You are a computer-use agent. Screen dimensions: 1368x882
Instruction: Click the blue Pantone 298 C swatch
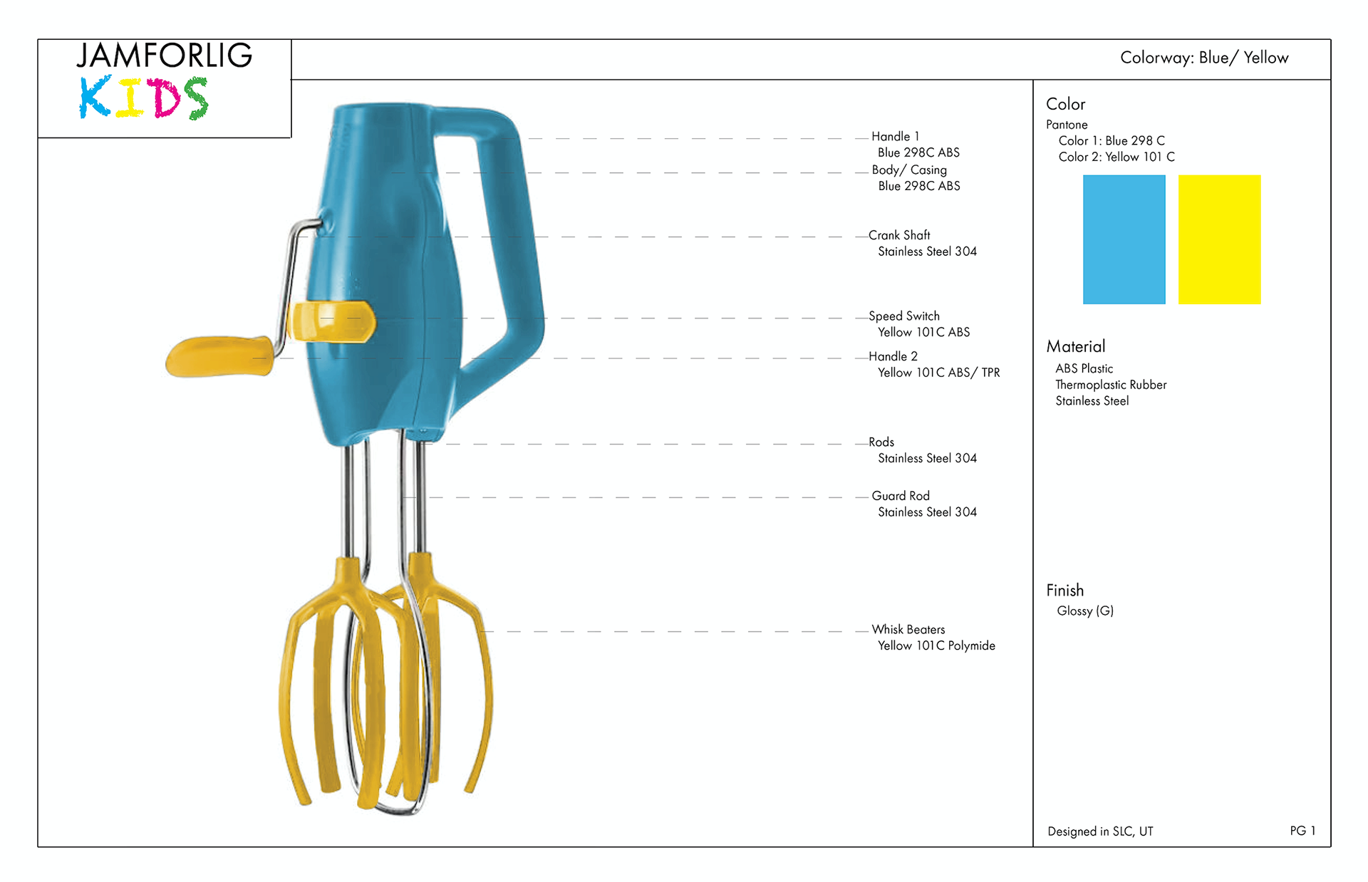click(1124, 239)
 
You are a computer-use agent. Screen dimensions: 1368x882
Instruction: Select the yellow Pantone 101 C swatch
click(1219, 239)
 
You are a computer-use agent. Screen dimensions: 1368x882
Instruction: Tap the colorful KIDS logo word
click(143, 98)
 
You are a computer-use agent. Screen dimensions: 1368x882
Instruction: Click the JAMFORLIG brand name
click(165, 56)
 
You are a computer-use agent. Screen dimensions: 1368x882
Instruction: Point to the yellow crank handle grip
click(219, 356)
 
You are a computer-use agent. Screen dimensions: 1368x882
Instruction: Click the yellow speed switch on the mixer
click(331, 321)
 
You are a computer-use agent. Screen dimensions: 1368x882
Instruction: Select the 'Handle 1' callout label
click(896, 136)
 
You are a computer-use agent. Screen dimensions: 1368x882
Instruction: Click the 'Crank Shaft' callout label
click(899, 235)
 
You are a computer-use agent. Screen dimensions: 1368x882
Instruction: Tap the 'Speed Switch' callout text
click(904, 316)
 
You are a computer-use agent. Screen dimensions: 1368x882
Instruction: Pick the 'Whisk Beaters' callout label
click(908, 629)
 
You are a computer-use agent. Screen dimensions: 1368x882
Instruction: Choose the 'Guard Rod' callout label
click(901, 496)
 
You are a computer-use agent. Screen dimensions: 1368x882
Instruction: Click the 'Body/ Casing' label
click(909, 170)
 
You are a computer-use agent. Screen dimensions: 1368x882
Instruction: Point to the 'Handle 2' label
click(893, 356)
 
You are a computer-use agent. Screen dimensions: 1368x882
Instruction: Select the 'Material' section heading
click(1076, 346)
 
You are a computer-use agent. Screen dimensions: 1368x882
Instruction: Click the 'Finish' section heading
click(1065, 590)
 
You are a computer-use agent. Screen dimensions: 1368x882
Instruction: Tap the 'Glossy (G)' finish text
click(1085, 611)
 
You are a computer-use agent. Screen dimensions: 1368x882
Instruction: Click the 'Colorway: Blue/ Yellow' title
click(1204, 58)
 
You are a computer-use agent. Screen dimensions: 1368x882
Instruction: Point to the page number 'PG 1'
click(1302, 831)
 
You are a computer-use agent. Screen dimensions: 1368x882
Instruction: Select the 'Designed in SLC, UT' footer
click(1100, 831)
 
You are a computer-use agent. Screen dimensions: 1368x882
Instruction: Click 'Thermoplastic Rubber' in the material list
click(1111, 385)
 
